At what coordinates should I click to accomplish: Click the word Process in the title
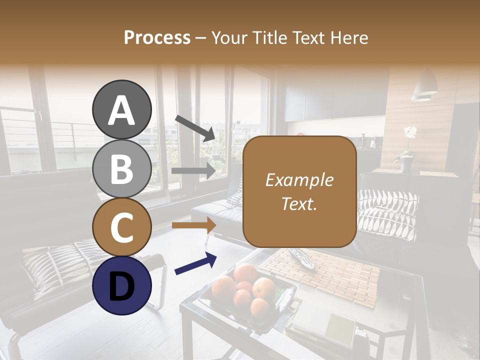point(157,38)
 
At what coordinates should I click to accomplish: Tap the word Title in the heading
point(268,38)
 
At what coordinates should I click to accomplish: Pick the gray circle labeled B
point(121,168)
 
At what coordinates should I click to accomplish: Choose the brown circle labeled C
point(121,227)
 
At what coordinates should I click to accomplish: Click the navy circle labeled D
point(121,285)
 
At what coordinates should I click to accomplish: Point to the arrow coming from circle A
point(195,128)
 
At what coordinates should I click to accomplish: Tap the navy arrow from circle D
point(195,263)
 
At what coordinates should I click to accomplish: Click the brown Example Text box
point(299,191)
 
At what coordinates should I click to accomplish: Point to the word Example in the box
point(299,180)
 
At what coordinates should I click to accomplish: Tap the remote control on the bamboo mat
point(303,257)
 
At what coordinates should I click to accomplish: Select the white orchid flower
point(410,132)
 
